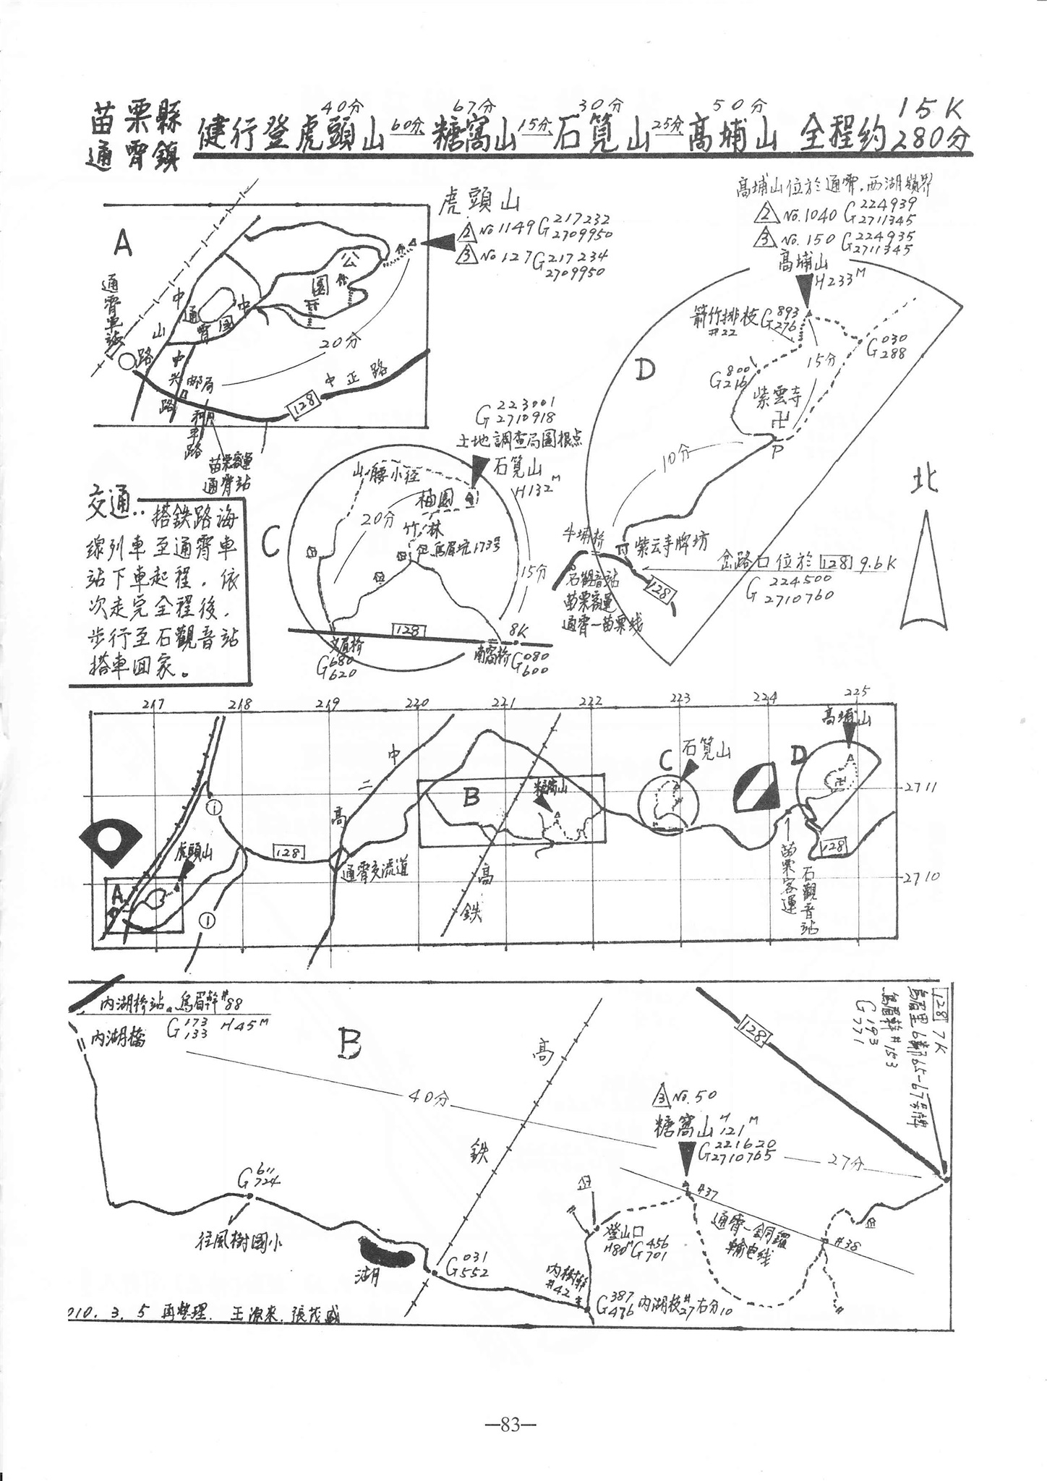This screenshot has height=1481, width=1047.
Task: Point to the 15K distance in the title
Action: click(x=931, y=109)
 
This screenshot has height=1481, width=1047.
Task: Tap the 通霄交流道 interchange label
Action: click(x=375, y=869)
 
